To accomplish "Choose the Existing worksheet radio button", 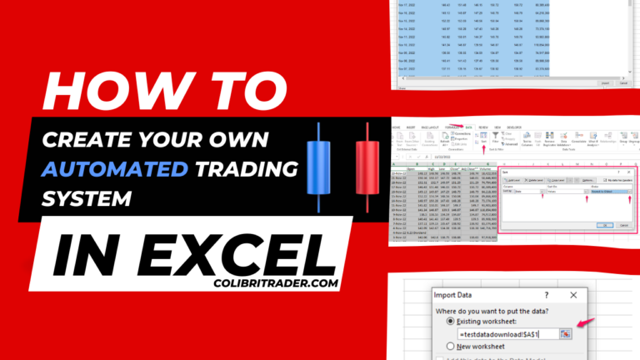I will click(452, 321).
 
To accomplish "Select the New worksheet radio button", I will click(452, 346).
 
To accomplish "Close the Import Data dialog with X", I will click(572, 295).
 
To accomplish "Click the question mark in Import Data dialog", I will click(546, 295).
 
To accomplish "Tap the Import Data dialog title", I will click(458, 295).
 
